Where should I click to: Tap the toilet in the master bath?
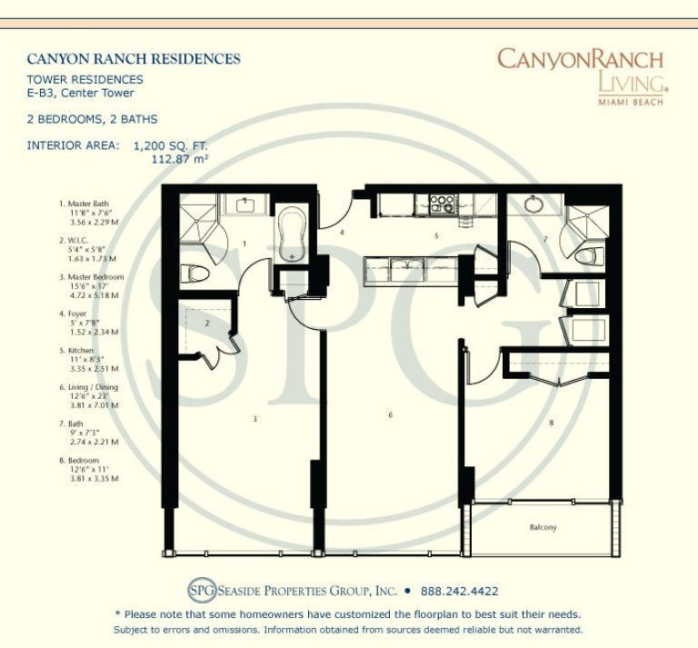194,273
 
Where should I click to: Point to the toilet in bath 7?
586,255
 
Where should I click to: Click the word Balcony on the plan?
543,528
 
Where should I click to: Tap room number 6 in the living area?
391,415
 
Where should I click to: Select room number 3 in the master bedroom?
255,418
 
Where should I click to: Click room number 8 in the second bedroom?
552,423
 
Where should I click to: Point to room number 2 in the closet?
207,324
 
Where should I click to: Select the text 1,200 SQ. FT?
171,145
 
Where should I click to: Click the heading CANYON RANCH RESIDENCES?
134,59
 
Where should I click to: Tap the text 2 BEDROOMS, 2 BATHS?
92,119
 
